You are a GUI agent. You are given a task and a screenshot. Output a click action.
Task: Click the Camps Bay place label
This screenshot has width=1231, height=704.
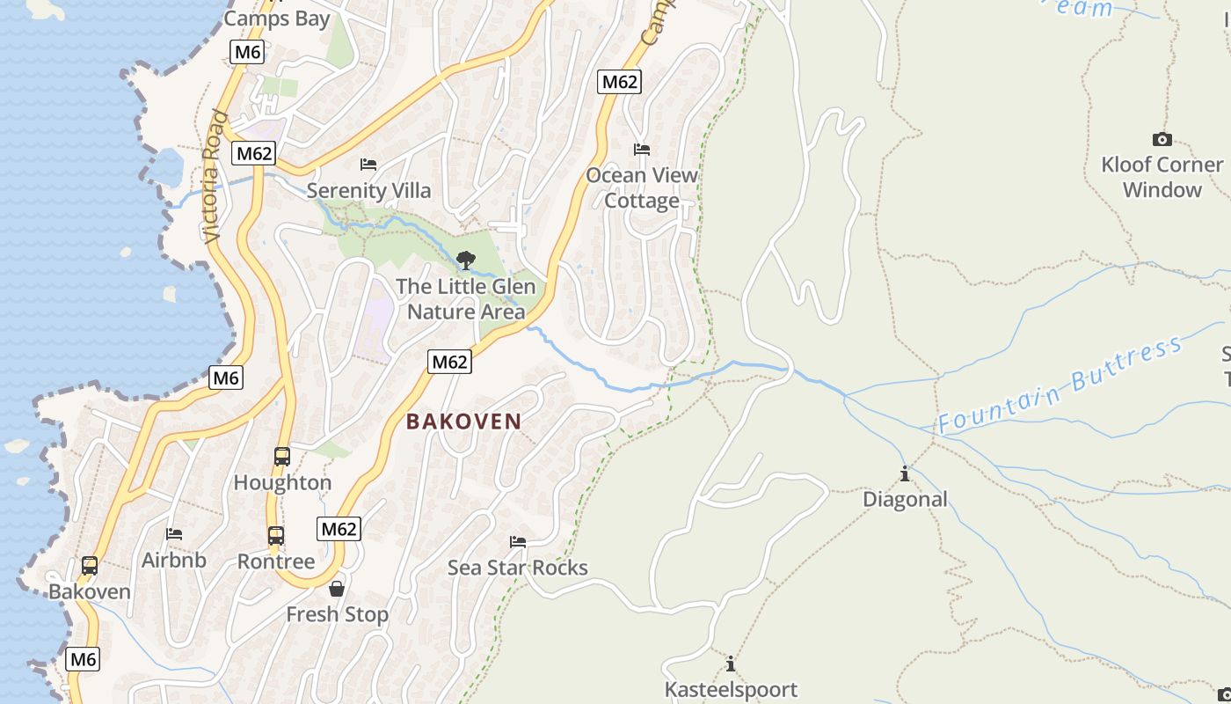pos(277,18)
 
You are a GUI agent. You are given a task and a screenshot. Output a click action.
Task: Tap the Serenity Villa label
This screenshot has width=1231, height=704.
pos(369,190)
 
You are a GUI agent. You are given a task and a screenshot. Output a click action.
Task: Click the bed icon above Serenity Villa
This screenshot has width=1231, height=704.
pos(368,165)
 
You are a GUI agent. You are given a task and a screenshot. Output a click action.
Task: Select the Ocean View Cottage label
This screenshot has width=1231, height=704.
pos(642,187)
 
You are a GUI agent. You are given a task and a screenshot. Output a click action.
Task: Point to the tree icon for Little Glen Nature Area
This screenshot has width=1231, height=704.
pos(466,260)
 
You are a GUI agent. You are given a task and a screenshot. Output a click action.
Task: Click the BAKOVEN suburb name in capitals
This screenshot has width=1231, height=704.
pos(463,422)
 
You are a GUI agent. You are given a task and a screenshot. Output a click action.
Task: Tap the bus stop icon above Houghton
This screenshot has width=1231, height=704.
pos(282,457)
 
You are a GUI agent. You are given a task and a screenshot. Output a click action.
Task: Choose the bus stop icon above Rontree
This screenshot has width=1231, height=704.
pos(276,535)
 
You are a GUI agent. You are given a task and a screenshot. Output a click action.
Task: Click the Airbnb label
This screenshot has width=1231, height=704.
pos(174,560)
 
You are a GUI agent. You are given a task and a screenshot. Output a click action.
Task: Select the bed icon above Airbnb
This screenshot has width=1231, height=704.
pos(174,534)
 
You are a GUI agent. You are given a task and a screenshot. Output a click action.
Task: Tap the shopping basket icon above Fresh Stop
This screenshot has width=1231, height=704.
pos(337,588)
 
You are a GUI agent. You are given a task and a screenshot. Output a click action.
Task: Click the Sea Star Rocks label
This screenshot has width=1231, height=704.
pos(518,568)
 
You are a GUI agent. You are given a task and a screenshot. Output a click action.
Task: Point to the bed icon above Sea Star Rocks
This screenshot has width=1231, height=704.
pos(518,542)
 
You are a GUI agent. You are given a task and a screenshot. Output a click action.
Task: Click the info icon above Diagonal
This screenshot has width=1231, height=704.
pos(905,474)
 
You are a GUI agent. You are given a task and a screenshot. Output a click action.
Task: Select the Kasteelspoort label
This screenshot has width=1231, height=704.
pos(731,689)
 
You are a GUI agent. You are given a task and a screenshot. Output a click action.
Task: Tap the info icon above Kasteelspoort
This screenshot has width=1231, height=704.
pos(731,664)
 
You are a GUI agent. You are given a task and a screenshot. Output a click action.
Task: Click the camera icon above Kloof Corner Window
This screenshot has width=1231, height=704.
pos(1162,139)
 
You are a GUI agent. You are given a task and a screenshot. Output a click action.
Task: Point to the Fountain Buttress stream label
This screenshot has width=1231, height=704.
pos(1060,385)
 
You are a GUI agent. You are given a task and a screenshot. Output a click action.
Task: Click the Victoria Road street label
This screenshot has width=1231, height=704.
pos(214,176)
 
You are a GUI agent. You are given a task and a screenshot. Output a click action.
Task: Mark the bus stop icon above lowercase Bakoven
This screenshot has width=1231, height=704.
pos(90,566)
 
